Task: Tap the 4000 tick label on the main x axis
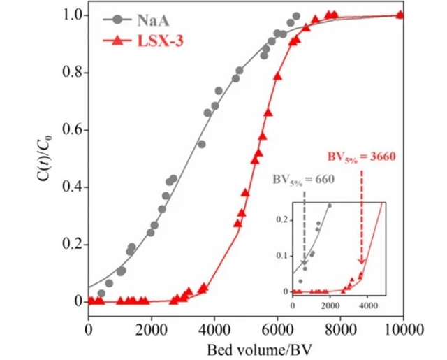click(214, 326)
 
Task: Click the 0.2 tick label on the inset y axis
click(283, 220)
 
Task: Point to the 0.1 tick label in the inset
click(283, 256)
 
